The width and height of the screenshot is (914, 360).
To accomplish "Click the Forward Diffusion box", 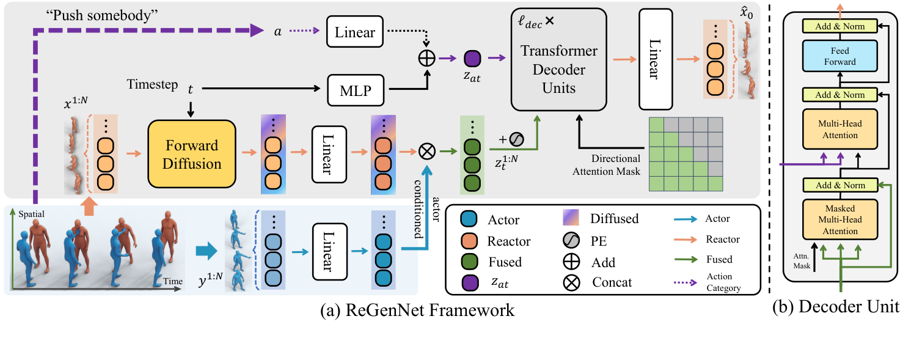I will (x=191, y=153).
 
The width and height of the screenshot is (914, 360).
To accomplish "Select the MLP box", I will (x=354, y=91).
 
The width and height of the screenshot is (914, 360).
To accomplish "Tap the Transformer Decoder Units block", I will (x=559, y=70).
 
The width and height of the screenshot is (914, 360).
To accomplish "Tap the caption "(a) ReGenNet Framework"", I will (x=417, y=310).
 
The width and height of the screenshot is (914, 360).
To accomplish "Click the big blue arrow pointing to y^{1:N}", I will (x=206, y=250).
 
